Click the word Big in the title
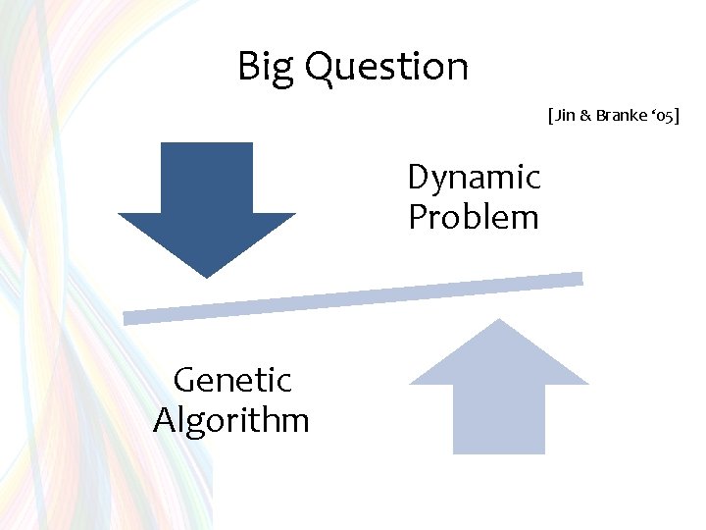click(x=266, y=67)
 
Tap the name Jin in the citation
click(x=565, y=115)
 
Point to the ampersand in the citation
click(x=584, y=115)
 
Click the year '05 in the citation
click(x=660, y=115)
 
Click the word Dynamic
click(x=474, y=178)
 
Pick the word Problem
click(x=474, y=217)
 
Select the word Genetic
click(x=232, y=379)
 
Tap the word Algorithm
click(x=231, y=420)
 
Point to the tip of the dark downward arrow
click(x=207, y=276)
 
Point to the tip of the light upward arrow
click(x=499, y=320)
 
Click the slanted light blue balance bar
click(x=353, y=298)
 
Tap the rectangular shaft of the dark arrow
click(x=207, y=177)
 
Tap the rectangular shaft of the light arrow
click(x=499, y=418)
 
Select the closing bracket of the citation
click(x=676, y=115)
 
